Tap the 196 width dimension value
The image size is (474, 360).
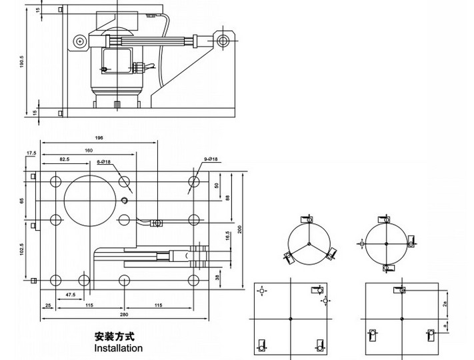(99, 139)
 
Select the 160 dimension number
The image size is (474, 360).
(89, 150)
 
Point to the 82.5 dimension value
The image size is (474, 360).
(64, 160)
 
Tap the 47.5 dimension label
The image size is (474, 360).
(69, 294)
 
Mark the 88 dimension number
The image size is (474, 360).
(228, 197)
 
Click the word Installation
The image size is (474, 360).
(119, 348)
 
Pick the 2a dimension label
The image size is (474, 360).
(445, 304)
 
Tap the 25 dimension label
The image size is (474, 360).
(49, 305)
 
